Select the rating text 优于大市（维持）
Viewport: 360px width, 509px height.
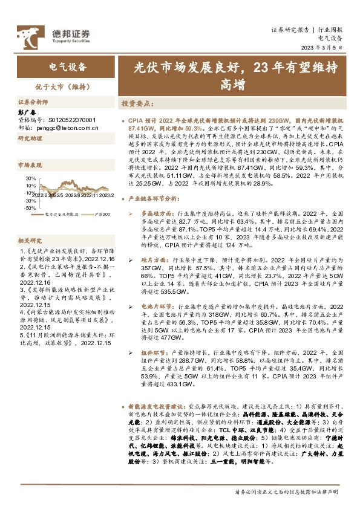point(67,87)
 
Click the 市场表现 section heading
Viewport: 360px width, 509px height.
point(30,164)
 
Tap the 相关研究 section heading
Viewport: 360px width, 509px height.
point(30,240)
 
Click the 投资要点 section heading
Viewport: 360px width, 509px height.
point(137,103)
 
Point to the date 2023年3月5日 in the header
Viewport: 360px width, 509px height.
point(325,47)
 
